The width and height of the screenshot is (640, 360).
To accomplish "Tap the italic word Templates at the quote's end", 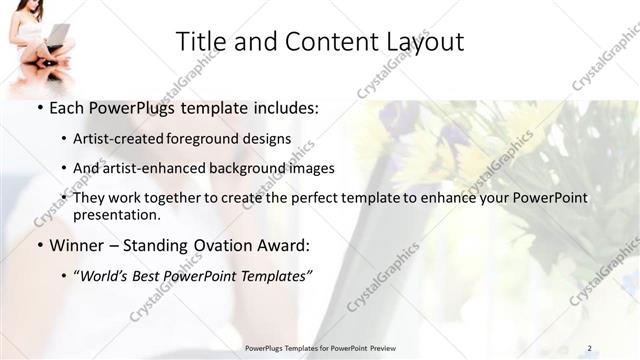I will [271, 277].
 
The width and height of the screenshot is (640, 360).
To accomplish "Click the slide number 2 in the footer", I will [589, 348].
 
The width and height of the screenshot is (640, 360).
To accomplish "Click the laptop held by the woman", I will [57, 38].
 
